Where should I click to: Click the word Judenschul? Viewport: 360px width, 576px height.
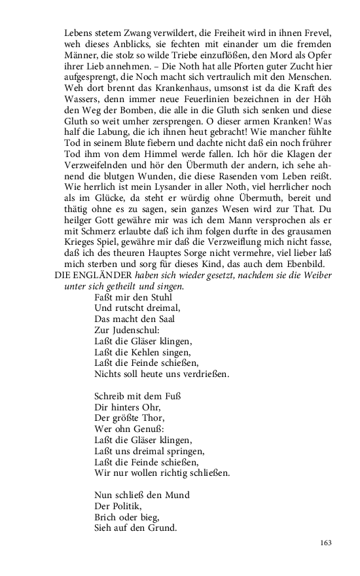point(128,331)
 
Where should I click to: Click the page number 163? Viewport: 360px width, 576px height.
point(327,543)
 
